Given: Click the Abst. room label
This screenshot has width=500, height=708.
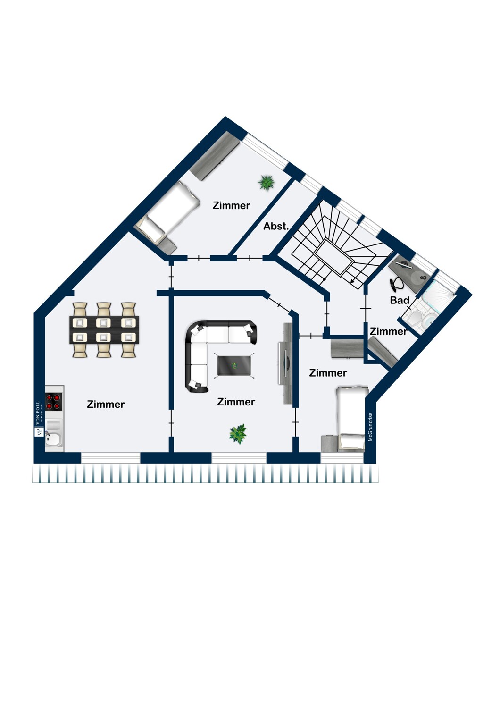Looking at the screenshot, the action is tap(276, 226).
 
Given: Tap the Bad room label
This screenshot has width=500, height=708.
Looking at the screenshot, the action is tap(400, 300).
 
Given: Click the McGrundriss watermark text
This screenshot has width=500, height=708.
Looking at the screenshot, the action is tap(370, 427).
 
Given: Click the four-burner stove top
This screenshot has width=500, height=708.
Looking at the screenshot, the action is tap(53, 401).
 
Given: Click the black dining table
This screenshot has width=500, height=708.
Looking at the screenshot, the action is tap(104, 330).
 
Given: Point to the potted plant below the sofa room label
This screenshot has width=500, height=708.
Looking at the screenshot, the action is tap(238, 434).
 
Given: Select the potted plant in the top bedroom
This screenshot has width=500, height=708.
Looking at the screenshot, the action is tap(266, 183).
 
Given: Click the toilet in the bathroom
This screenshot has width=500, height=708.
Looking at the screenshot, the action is tap(413, 317).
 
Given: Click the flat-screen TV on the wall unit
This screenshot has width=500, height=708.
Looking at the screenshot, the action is tap(286, 363).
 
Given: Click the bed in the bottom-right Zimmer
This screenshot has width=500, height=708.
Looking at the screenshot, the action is tap(351, 417).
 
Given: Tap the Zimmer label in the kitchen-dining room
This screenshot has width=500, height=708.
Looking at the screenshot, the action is tap(106, 404).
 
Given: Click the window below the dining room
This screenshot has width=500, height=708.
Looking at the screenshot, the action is tap(110, 458).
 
